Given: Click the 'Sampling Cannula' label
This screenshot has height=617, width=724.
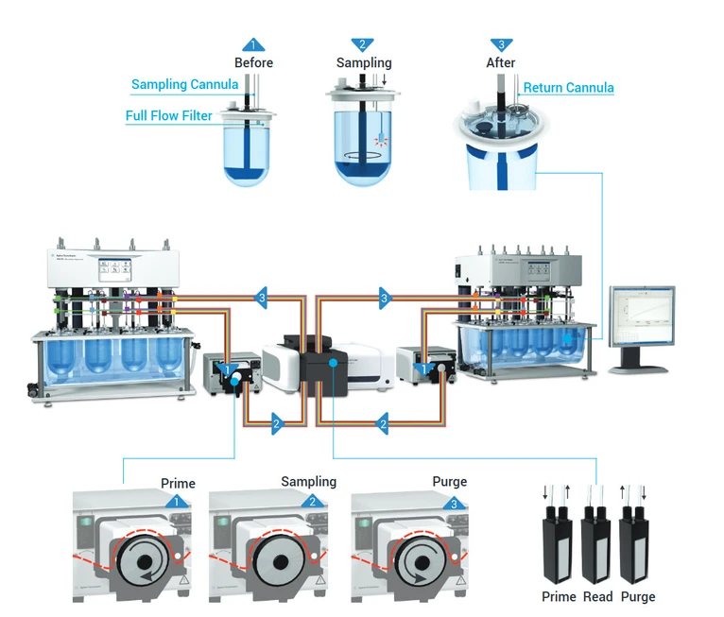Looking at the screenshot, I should [184, 85].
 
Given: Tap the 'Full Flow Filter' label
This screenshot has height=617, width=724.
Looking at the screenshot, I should [168, 116].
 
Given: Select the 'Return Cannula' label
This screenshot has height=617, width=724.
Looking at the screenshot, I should [568, 88].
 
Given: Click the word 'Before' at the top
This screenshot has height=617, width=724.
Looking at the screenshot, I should [253, 63].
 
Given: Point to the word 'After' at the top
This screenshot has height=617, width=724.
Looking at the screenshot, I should [501, 63].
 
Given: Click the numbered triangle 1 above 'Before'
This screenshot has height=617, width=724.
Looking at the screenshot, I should [252, 44].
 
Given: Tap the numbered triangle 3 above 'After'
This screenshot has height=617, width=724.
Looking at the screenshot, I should [501, 44].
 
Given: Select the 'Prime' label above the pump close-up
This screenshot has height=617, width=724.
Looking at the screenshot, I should [178, 484].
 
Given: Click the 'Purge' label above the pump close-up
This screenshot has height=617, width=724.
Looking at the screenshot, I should [449, 482].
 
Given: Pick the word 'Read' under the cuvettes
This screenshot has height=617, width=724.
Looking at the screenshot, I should [597, 597].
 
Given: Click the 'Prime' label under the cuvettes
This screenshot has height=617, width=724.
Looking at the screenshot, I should [559, 597].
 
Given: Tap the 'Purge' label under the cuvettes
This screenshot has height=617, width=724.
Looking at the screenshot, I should [637, 597].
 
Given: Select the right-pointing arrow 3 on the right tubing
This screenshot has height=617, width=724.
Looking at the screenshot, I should [384, 299].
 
